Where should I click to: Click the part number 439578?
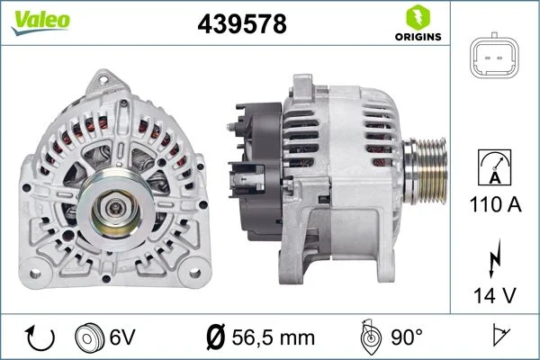241,24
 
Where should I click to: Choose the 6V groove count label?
122,337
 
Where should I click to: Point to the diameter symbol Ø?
216,337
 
